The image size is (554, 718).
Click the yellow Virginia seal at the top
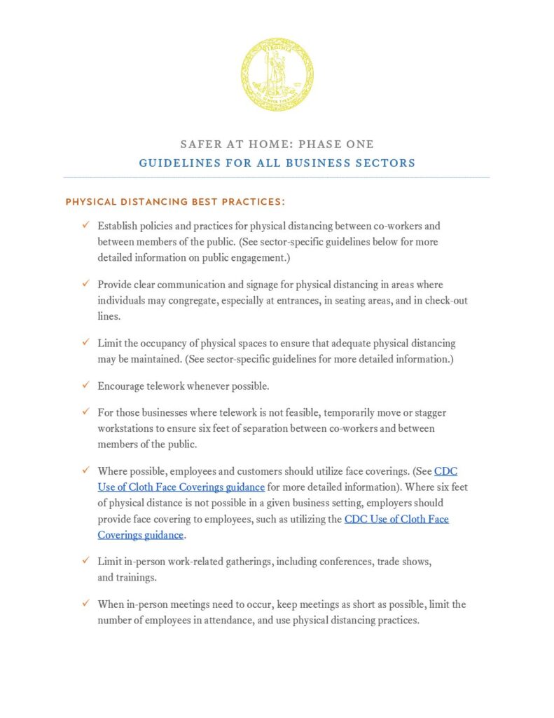277,74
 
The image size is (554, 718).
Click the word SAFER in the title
198,144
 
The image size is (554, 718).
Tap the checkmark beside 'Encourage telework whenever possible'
85,386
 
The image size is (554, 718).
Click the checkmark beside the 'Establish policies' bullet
85,226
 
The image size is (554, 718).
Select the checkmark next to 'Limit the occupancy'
85,343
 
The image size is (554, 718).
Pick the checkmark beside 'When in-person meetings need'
85,604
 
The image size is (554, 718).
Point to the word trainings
139,578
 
